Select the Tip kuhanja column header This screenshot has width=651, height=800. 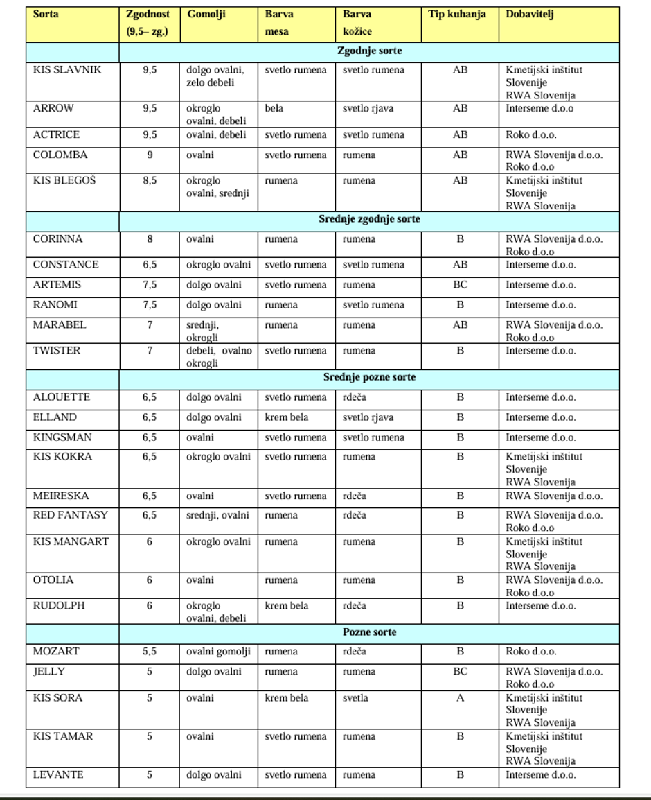click(457, 14)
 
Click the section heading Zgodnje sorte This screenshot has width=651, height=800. click(369, 51)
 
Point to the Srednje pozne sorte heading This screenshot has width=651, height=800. click(369, 377)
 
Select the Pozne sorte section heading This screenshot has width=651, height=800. click(369, 632)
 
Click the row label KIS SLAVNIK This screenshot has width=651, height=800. click(66, 70)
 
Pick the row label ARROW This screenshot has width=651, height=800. click(53, 108)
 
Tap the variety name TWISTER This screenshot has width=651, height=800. click(57, 351)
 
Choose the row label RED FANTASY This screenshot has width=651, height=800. click(71, 515)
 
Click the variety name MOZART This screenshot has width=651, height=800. click(56, 652)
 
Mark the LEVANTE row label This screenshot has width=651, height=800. click(58, 774)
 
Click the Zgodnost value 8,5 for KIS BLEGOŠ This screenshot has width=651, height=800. click(150, 181)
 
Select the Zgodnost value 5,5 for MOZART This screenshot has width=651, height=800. click(150, 652)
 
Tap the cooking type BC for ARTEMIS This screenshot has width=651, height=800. click(460, 285)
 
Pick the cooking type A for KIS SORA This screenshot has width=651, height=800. click(460, 698)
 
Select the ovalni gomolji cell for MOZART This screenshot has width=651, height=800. click(218, 652)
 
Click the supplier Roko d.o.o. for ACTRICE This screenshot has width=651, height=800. click(530, 135)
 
